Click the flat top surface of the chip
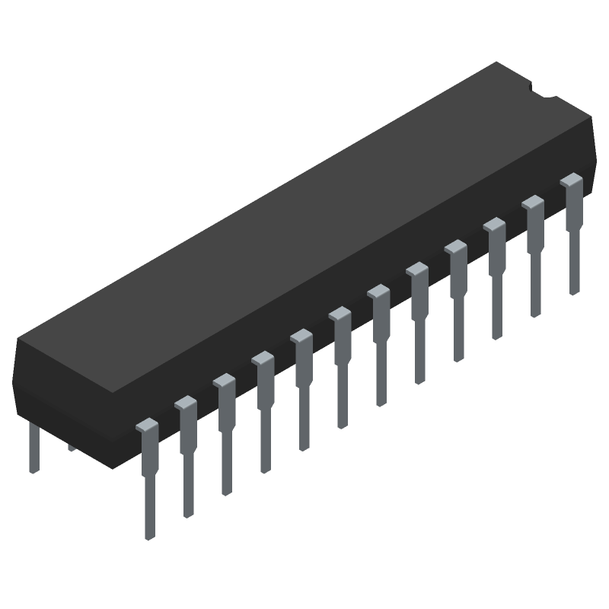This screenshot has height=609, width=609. point(304,228)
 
